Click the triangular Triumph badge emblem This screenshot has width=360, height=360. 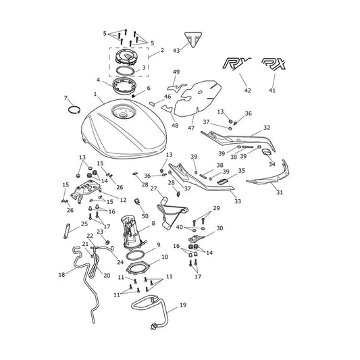pos(193,39)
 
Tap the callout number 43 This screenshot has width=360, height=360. pos(176,50)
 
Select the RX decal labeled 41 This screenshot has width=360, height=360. pos(274,63)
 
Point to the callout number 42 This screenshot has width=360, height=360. pos(247,91)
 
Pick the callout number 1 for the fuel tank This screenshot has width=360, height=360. pos(95,94)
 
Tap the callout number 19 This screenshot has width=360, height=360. pos(183,305)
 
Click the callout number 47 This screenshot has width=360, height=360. pos(191,128)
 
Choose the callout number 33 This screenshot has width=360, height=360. pos(238,201)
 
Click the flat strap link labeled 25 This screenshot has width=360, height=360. pos(66,231)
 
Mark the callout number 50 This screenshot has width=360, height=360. pos(145,216)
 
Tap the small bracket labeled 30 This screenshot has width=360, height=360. pos(196,239)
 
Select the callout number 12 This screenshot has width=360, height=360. pos(124,200)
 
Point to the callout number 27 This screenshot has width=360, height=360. pos(153,188)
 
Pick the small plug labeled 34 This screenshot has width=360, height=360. pos(267,152)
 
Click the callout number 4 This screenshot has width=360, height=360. pos(98,80)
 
